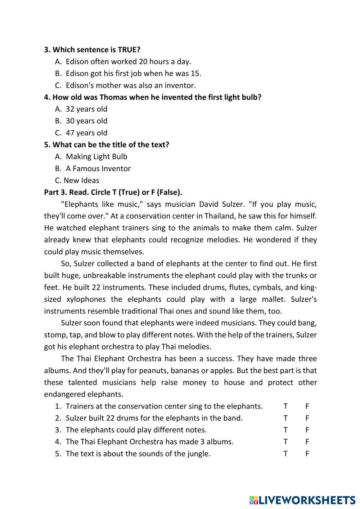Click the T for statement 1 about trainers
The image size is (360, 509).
[285, 406]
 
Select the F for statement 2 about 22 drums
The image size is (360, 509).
[307, 418]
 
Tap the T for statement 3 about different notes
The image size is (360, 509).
[285, 430]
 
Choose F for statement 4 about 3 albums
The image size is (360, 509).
[307, 442]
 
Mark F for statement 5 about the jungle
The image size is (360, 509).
[307, 454]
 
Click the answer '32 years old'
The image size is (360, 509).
[86, 109]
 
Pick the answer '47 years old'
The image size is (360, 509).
[86, 132]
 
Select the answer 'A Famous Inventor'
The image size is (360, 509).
[98, 168]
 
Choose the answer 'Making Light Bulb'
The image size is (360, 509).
[96, 157]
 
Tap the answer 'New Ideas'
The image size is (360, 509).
[81, 180]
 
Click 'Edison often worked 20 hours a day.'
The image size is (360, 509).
[128, 62]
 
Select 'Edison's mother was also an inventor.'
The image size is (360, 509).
[131, 85]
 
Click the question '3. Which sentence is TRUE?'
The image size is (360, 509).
[92, 50]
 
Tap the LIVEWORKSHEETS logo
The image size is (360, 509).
[302, 500]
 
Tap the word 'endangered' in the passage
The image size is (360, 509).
[64, 394]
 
